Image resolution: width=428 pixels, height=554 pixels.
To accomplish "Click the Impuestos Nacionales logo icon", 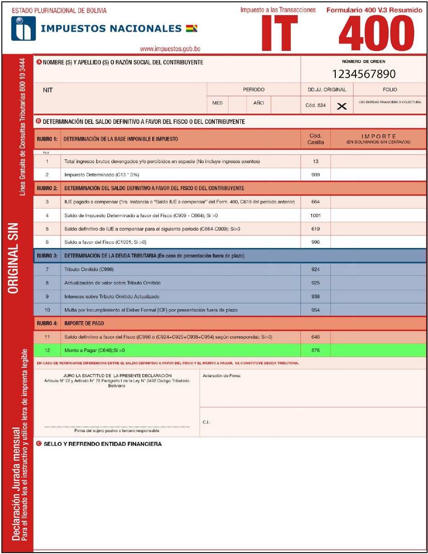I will (23, 29).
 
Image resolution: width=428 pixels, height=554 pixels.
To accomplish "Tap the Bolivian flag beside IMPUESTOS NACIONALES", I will (191, 29).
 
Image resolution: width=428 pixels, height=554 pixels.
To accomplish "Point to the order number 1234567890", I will (363, 74).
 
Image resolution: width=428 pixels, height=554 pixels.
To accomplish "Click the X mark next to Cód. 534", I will (342, 106).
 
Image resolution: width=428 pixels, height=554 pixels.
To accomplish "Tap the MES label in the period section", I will (217, 103).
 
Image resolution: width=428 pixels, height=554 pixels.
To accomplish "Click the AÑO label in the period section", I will (259, 103).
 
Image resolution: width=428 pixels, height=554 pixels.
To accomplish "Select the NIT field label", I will (48, 90).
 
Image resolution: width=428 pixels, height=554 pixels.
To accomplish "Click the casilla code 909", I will (316, 175).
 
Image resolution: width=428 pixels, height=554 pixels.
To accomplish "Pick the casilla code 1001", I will (316, 215).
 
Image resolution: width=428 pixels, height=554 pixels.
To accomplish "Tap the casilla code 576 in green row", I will (316, 351).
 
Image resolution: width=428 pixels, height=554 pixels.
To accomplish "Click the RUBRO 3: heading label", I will (47, 256).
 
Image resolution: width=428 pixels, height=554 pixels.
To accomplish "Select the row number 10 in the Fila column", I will (47, 310).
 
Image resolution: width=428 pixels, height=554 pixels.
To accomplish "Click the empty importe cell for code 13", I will (378, 161).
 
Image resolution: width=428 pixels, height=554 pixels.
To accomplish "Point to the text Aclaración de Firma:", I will (222, 376).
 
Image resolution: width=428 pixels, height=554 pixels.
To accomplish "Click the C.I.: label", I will (206, 422).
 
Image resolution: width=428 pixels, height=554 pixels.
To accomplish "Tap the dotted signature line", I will (117, 427).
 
